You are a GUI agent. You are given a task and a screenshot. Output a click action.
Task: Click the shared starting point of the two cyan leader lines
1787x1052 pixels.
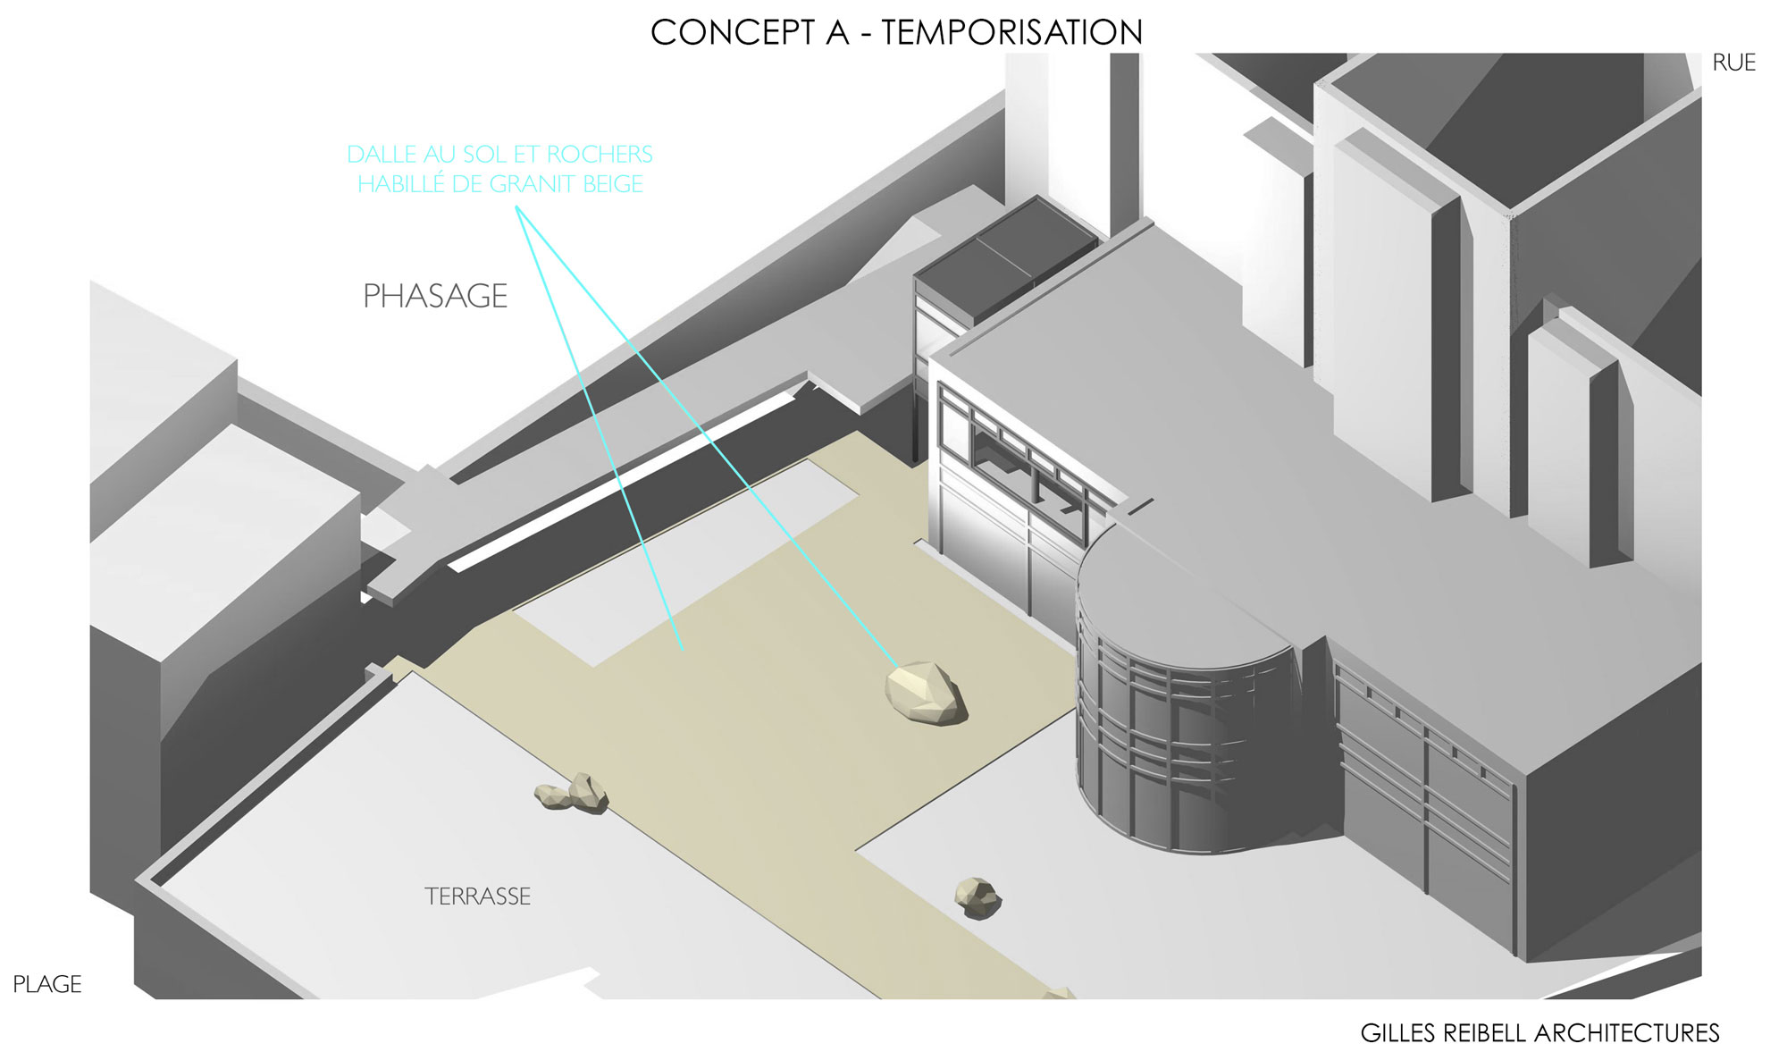pos(516,208)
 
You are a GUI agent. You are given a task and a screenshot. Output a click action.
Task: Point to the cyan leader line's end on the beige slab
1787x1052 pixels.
pos(684,650)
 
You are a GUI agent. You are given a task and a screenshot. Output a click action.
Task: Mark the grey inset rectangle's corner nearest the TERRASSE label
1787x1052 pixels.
pos(593,667)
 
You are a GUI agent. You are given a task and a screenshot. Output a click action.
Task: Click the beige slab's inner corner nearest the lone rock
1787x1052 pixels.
pos(856,851)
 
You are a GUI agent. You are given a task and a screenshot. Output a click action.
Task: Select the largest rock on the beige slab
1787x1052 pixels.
pos(926,694)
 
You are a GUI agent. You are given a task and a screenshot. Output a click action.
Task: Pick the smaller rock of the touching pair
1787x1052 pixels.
pos(551,796)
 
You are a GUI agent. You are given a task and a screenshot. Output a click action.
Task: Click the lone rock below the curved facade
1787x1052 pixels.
pos(977,896)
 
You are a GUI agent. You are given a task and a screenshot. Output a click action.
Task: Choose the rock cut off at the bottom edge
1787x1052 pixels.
pos(1061,993)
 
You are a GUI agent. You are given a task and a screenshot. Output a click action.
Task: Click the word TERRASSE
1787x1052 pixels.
pos(478,896)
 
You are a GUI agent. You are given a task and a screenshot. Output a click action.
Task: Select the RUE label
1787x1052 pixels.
pos(1734,63)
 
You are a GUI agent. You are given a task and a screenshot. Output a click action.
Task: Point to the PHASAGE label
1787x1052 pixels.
pos(435,296)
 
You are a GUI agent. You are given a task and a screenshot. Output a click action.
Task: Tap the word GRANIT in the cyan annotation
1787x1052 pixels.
pos(534,184)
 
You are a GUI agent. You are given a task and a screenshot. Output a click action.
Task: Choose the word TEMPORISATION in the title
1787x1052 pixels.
pos(1012,33)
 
